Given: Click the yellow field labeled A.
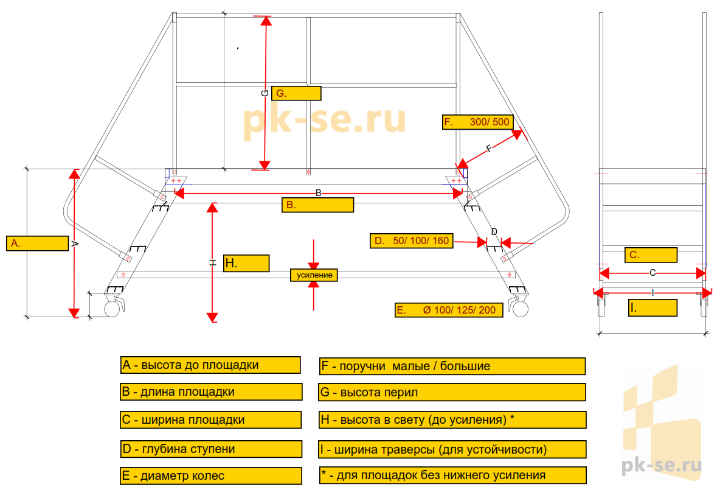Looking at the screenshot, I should coord(37,243).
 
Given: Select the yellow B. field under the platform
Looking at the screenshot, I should coord(317,205).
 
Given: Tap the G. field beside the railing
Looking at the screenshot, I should coord(296,93).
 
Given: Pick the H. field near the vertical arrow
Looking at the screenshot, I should coord(246,263).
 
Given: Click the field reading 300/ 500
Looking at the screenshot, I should coord(477,122).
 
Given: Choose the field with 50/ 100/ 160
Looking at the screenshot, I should coord(411,240).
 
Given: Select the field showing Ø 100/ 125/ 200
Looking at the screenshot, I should coord(449,310).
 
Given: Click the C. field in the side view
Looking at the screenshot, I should coord(651,255).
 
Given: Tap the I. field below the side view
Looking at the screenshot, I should coord(652,308).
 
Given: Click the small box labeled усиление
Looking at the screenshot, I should coord(314,275).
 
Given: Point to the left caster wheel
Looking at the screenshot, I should coord(112,309).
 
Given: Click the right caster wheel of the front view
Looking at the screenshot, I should coord(521,309).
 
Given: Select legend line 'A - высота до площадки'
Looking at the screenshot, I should coord(210,365).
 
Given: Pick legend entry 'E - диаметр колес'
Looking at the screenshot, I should coord(210,476).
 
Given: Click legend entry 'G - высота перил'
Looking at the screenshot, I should coord(452,392).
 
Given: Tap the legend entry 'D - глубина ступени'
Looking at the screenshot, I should coord(210,449).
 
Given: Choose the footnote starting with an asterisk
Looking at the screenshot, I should coord(452,475).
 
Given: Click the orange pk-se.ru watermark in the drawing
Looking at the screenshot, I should coord(324,120).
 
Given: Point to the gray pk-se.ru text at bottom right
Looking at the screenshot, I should coord(662,465).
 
